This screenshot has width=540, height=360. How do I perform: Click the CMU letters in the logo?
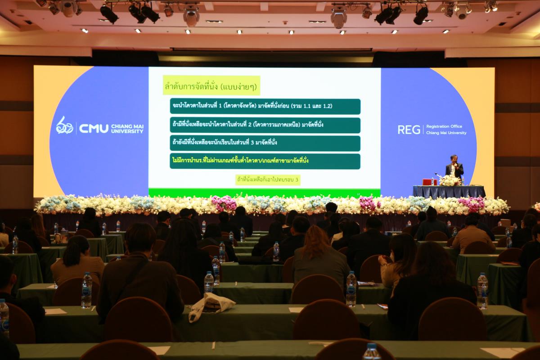pyautogui.click(x=94, y=129)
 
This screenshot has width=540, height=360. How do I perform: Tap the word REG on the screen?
pyautogui.click(x=409, y=130)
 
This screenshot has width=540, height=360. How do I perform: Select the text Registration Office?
pyautogui.click(x=444, y=126)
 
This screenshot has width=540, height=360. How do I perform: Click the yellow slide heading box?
pyautogui.click(x=211, y=85)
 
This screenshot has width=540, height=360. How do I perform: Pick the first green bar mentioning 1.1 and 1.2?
pyautogui.click(x=265, y=106)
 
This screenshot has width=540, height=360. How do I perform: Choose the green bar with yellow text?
pyautogui.click(x=265, y=161)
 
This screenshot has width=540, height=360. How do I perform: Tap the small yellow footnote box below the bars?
pyautogui.click(x=268, y=180)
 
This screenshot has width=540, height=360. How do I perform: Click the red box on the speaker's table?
pyautogui.click(x=430, y=182)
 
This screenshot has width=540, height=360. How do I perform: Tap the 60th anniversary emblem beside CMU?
pyautogui.click(x=64, y=126)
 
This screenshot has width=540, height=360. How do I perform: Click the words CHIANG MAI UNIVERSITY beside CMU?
pyautogui.click(x=127, y=129)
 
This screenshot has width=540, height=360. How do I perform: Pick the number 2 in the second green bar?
pyautogui.click(x=250, y=125)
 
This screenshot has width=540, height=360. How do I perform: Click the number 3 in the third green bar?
pyautogui.click(x=252, y=142)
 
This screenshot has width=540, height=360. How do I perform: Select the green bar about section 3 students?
pyautogui.click(x=265, y=143)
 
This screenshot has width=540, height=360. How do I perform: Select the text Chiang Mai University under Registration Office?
pyautogui.click(x=446, y=133)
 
